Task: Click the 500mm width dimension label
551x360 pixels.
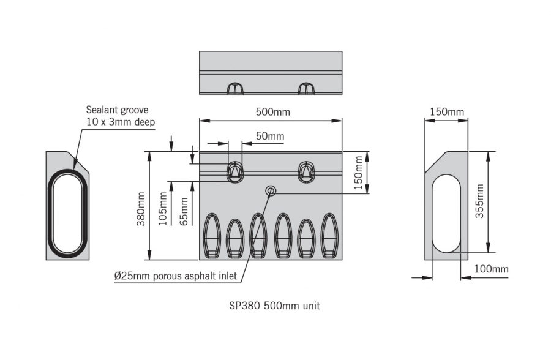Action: pos(272,112)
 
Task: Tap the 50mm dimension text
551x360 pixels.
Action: pos(270,136)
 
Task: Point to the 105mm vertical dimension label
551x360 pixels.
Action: pos(163,209)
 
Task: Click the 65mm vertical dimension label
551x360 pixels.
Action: pos(184,212)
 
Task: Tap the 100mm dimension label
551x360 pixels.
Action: pos(492,269)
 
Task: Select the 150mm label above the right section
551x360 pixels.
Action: pos(446,111)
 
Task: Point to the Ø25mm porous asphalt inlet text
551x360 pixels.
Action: pos(176,276)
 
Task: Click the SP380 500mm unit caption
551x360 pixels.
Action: pos(271,306)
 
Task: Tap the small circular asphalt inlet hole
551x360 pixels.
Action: pos(270,192)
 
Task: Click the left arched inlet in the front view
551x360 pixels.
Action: pos(235,172)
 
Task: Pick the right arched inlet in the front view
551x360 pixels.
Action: pos(306,172)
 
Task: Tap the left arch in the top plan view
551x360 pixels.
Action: pos(234,88)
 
